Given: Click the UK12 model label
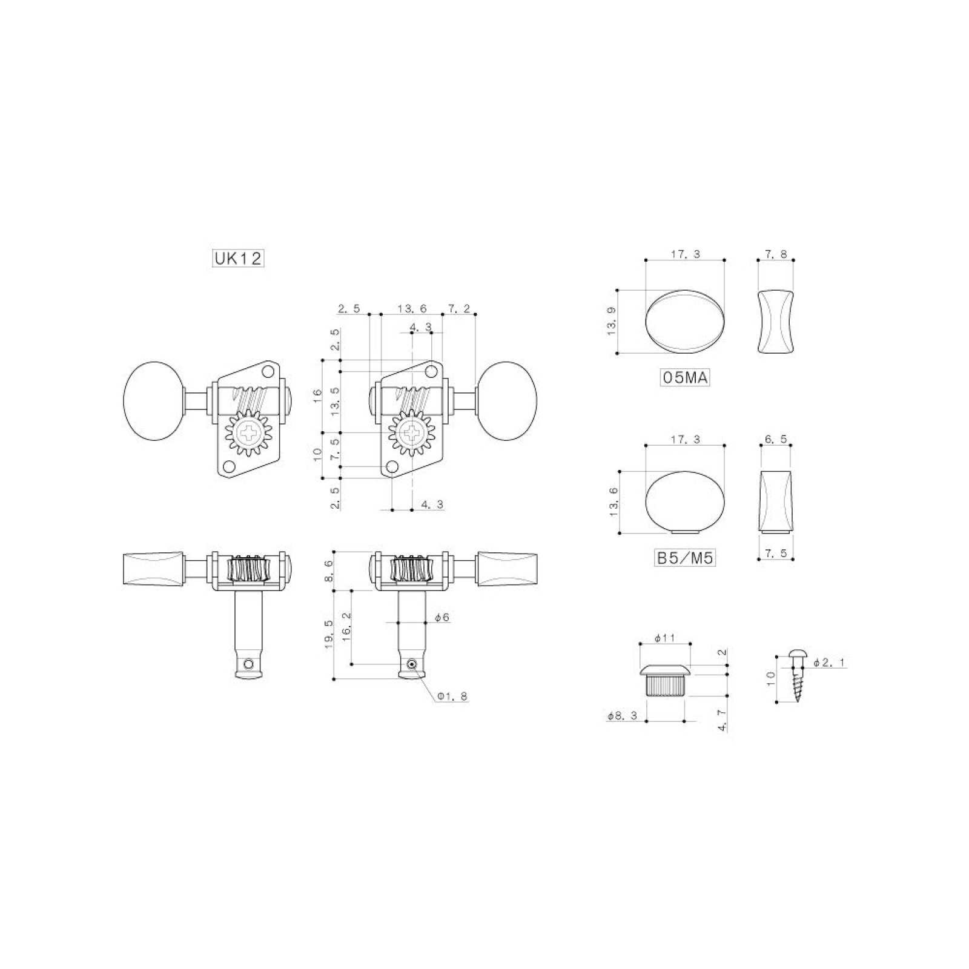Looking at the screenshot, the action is (x=238, y=259).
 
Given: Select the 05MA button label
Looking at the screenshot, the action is (x=684, y=378).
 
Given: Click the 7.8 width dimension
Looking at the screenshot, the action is (x=776, y=254).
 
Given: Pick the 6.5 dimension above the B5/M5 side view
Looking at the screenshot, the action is (x=776, y=440).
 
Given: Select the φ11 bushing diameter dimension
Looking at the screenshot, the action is (x=664, y=638).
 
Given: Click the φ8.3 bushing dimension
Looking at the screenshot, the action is (x=622, y=716).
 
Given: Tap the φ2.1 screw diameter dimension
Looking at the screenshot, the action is (x=828, y=663).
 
